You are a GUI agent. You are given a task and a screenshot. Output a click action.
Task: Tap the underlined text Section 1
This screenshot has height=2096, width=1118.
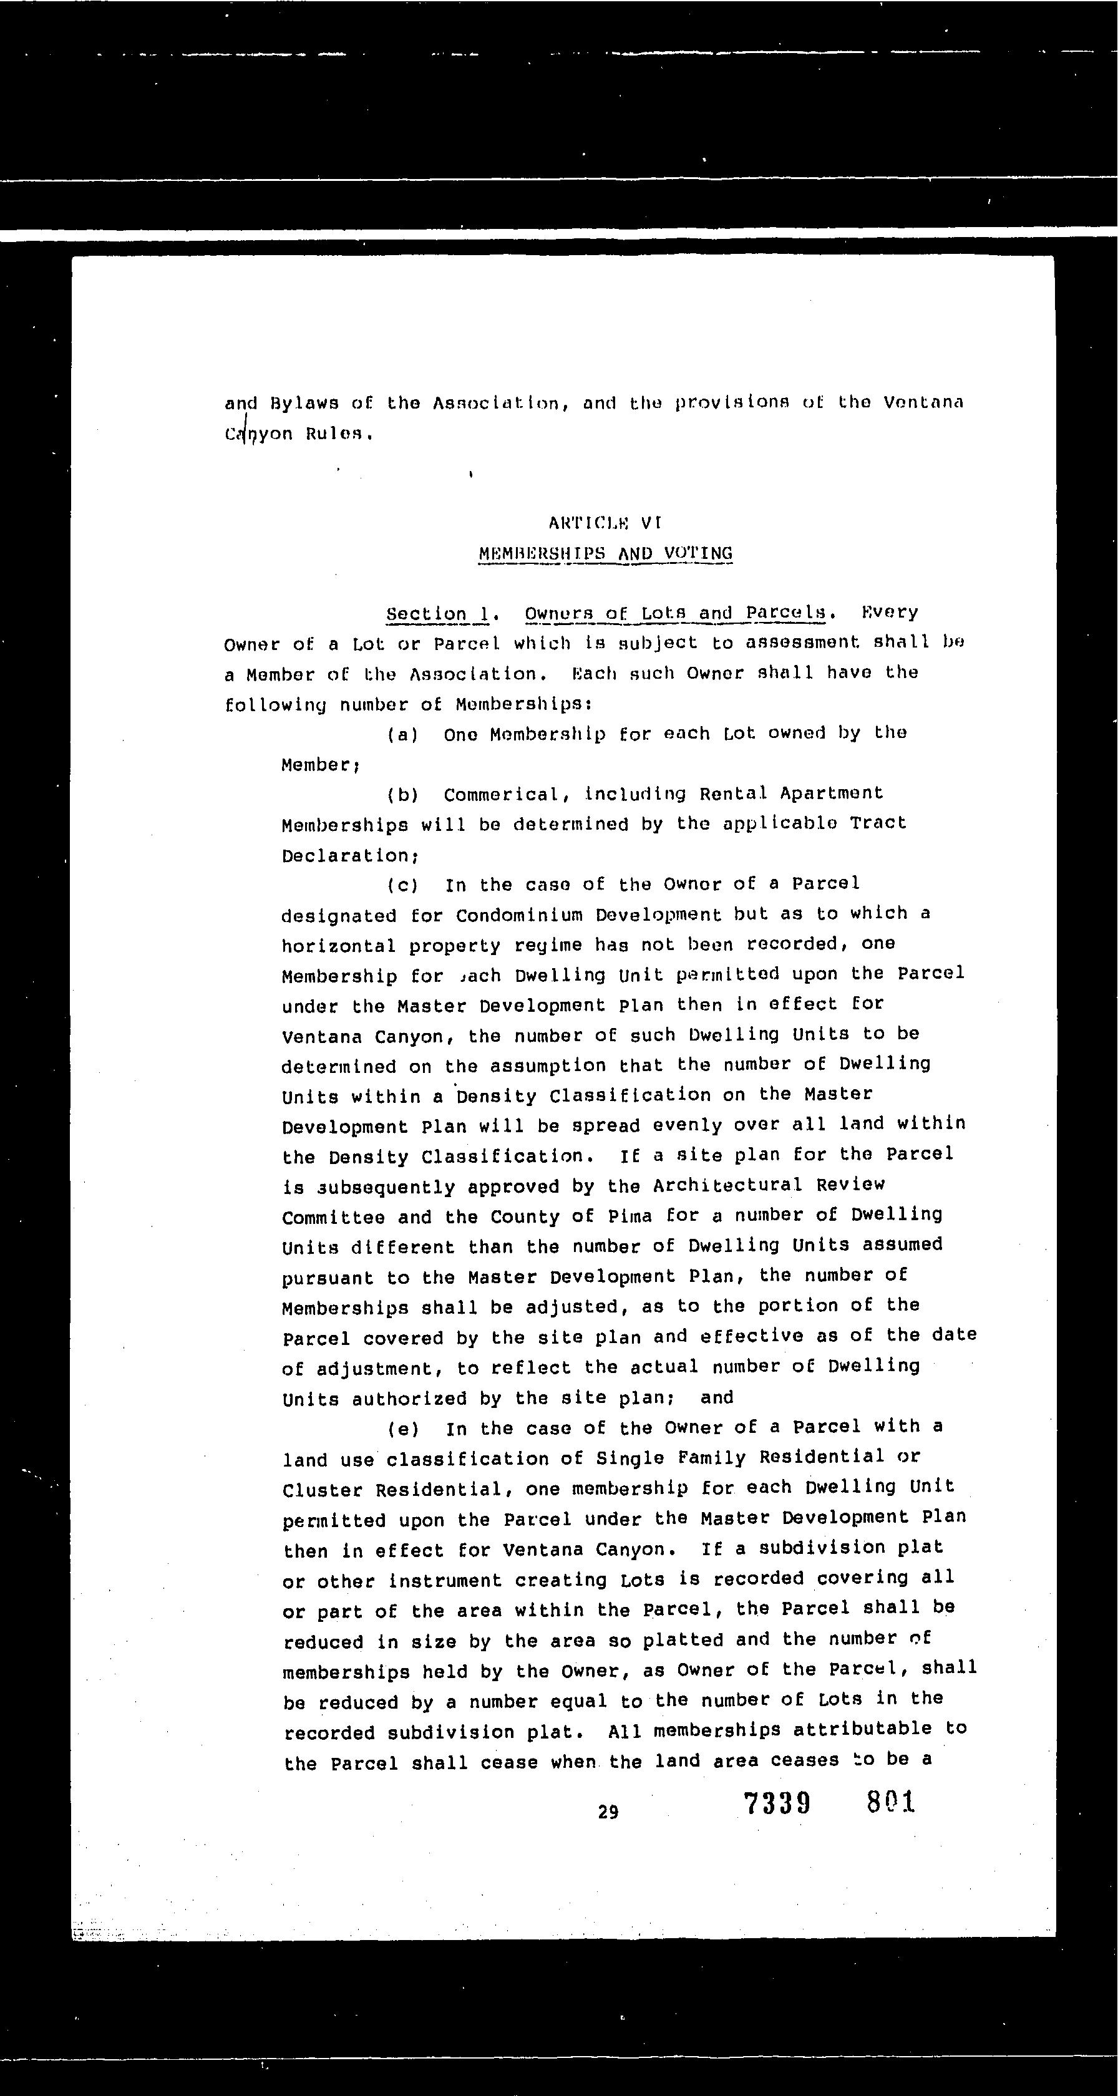click(x=439, y=613)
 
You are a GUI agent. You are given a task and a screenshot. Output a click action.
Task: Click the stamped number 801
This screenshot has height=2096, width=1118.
click(x=891, y=1802)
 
